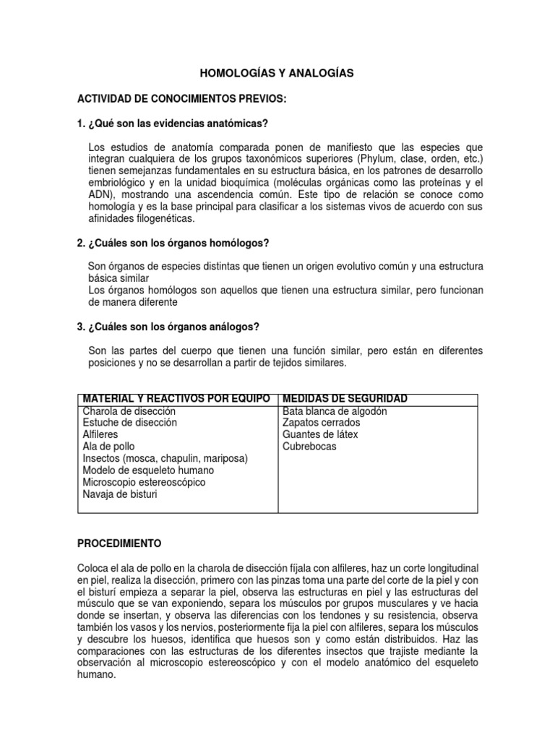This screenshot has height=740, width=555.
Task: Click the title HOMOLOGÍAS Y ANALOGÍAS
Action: pos(277,74)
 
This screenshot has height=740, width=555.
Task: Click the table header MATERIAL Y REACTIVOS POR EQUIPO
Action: pos(177,399)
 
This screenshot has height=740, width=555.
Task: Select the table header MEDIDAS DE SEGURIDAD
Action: pos(345,399)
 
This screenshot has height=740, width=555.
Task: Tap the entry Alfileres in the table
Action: pos(101,435)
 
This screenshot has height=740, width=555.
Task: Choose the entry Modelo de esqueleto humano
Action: pos(148,470)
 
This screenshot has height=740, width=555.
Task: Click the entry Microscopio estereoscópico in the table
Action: pos(144,482)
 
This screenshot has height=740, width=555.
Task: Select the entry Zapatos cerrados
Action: pos(319,423)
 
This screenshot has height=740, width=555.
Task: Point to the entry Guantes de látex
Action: pos(320,435)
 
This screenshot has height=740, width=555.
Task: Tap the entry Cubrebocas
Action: pos(309,447)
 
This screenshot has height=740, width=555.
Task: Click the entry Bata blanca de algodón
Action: pos(335,411)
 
